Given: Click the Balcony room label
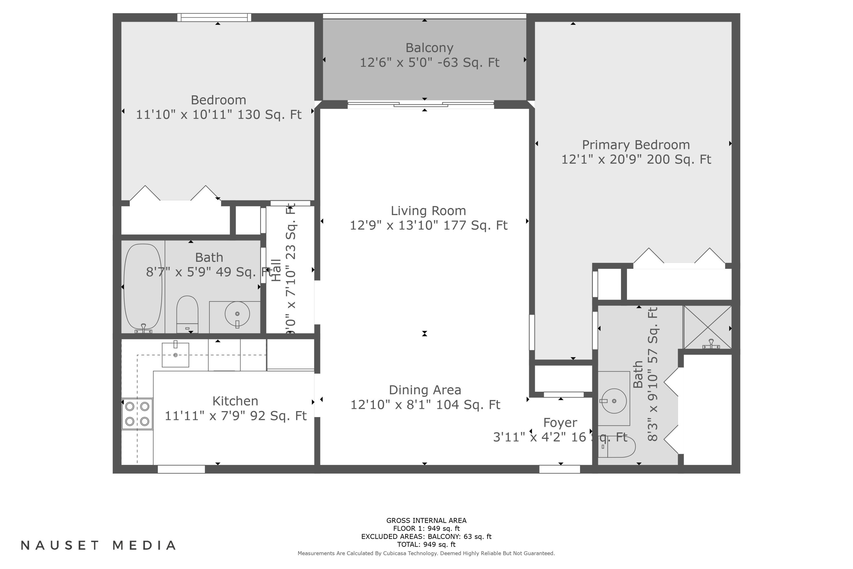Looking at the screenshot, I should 429,48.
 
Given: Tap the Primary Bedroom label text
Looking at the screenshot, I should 636,145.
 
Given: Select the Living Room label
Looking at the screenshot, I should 428,211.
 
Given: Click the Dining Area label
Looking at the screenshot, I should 425,390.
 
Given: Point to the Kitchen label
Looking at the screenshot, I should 235,401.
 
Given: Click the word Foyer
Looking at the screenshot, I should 560,423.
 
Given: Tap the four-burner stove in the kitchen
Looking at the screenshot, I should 137,414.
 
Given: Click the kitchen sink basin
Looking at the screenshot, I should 175,355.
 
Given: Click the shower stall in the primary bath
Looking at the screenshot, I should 707,327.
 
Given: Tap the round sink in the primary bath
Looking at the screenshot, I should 614,401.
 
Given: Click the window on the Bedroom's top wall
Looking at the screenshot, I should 214,17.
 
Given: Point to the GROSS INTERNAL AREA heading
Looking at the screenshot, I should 426,520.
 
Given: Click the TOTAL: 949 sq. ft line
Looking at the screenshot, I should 426,544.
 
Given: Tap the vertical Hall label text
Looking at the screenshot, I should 276,270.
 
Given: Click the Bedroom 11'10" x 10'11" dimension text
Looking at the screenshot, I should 218,115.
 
